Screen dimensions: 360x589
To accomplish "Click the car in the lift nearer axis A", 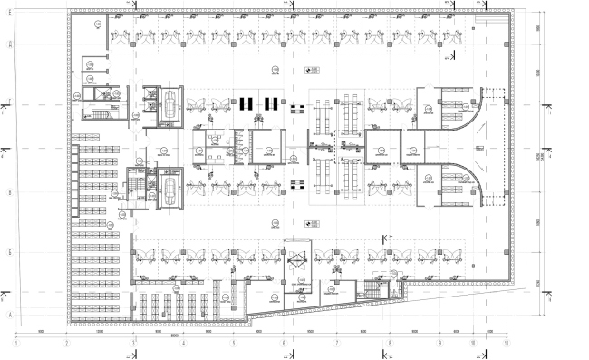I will (169, 191).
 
